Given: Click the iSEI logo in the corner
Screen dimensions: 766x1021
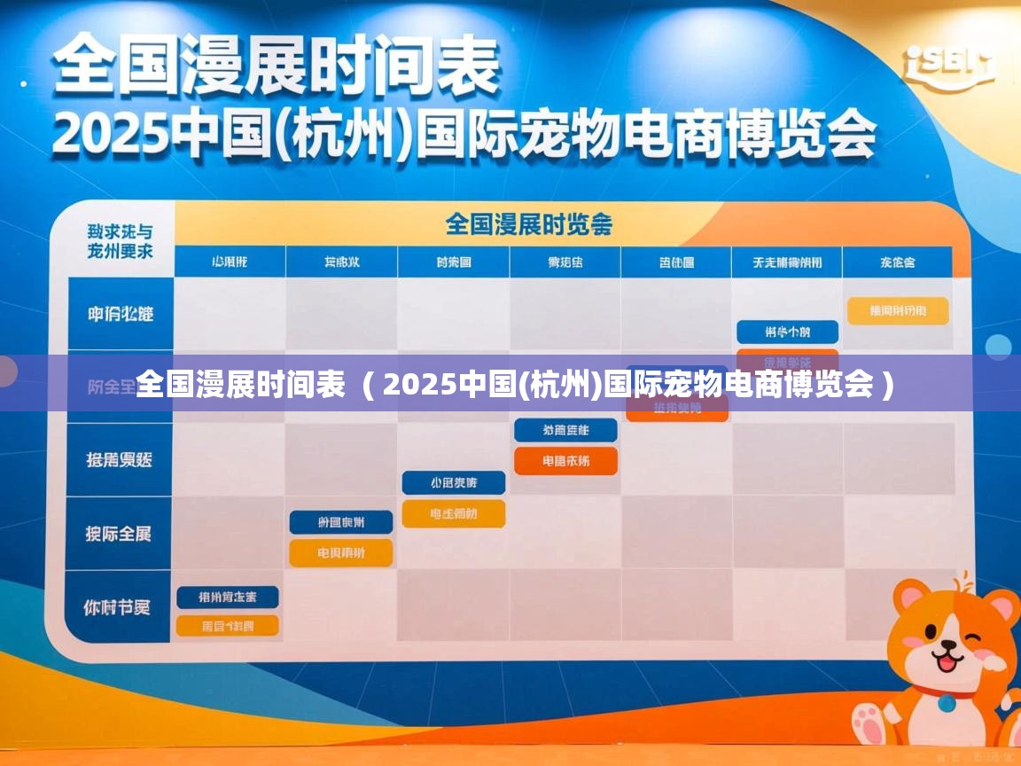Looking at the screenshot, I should pyautogui.click(x=949, y=66).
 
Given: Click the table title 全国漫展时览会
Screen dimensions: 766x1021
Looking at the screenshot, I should pyautogui.click(x=528, y=223).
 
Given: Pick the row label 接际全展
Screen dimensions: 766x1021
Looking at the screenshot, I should pyautogui.click(x=119, y=534).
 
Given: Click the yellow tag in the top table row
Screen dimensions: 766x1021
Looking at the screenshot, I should pyautogui.click(x=898, y=310).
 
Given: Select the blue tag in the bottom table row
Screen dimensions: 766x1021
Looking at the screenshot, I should pyautogui.click(x=228, y=597).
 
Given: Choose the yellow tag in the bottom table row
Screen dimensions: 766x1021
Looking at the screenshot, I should pyautogui.click(x=228, y=626).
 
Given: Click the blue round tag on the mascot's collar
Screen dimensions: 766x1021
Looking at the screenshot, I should pyautogui.click(x=947, y=703).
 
